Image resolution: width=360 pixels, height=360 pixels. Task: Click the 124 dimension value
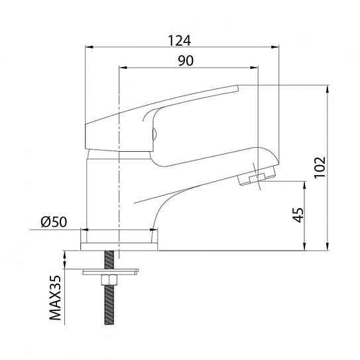[180, 40]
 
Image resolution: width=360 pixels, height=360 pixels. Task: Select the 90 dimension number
[186, 60]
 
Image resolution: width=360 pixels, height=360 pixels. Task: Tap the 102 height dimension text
[320, 167]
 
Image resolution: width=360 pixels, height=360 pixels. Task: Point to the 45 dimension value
[298, 215]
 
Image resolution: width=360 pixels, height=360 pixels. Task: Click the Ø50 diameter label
[54, 222]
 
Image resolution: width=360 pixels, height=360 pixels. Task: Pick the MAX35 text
[56, 298]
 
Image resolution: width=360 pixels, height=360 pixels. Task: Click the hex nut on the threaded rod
[109, 280]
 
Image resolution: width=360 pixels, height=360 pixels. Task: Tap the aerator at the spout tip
[257, 177]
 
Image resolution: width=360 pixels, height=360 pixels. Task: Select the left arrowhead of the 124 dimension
[89, 47]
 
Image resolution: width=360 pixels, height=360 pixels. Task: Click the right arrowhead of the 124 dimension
[275, 47]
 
